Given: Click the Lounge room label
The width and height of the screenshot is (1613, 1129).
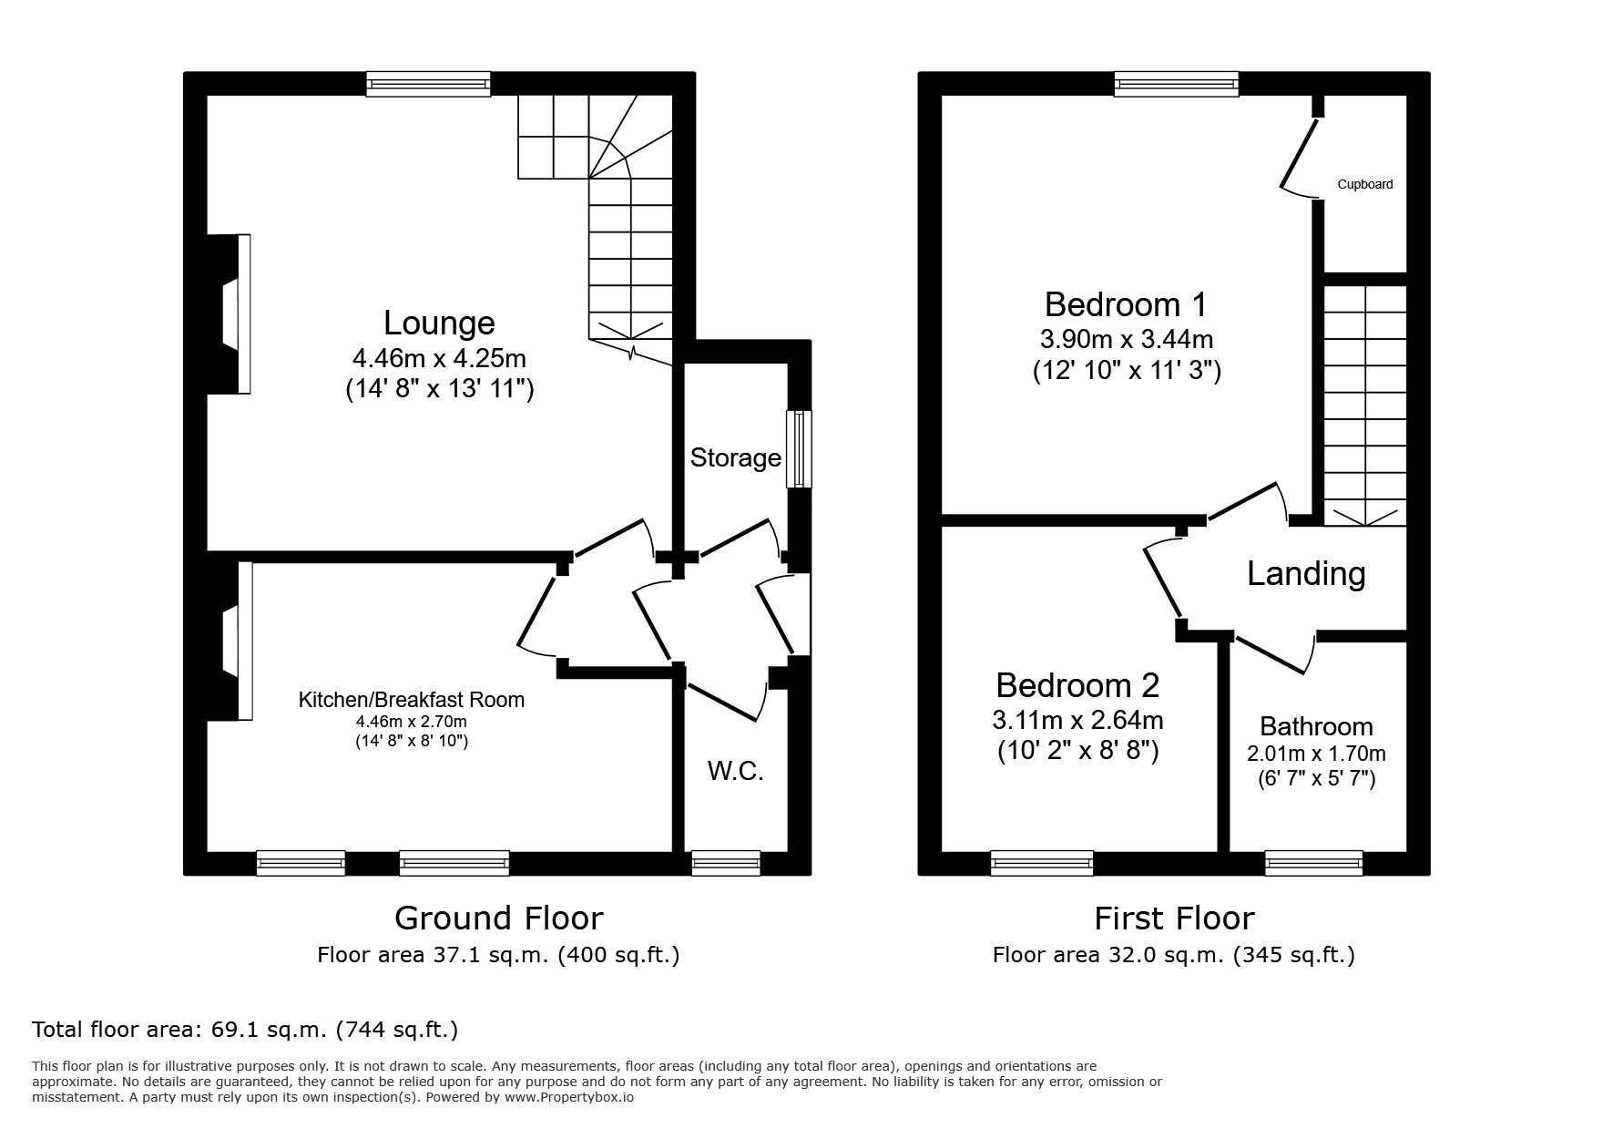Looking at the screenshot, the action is click(439, 323).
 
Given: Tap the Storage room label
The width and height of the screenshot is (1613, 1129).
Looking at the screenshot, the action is click(736, 457).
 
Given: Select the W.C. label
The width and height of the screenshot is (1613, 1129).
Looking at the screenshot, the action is click(736, 772).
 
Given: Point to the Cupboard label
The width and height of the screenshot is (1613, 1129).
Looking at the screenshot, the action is click(1365, 184).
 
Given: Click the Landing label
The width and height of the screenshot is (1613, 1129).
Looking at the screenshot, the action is click(1306, 573).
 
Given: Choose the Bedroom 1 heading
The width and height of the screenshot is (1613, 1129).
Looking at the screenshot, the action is click(1126, 303).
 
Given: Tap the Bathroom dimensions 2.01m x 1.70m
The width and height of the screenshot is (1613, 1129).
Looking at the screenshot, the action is click(1316, 754).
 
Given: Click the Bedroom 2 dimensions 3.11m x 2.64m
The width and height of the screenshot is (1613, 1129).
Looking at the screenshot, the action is click(1077, 720).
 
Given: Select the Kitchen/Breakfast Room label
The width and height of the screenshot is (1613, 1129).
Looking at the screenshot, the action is click(412, 700).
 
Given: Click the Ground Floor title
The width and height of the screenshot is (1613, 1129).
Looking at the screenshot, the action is click(498, 918).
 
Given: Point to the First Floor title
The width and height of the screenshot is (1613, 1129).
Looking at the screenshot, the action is click(1174, 918).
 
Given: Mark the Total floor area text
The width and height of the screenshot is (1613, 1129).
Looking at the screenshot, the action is click(245, 1030).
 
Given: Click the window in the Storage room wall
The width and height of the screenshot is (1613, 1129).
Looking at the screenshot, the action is click(799, 448).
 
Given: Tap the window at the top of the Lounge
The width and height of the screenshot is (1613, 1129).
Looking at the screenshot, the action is click(428, 85).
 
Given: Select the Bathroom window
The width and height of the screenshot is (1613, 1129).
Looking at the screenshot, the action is click(1313, 863).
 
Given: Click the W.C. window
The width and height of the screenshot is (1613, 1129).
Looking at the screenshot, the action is click(726, 863).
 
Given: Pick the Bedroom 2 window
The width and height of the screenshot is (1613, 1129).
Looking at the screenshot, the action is click(1042, 863).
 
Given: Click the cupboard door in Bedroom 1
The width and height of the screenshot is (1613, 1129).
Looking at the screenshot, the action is click(1300, 156).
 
